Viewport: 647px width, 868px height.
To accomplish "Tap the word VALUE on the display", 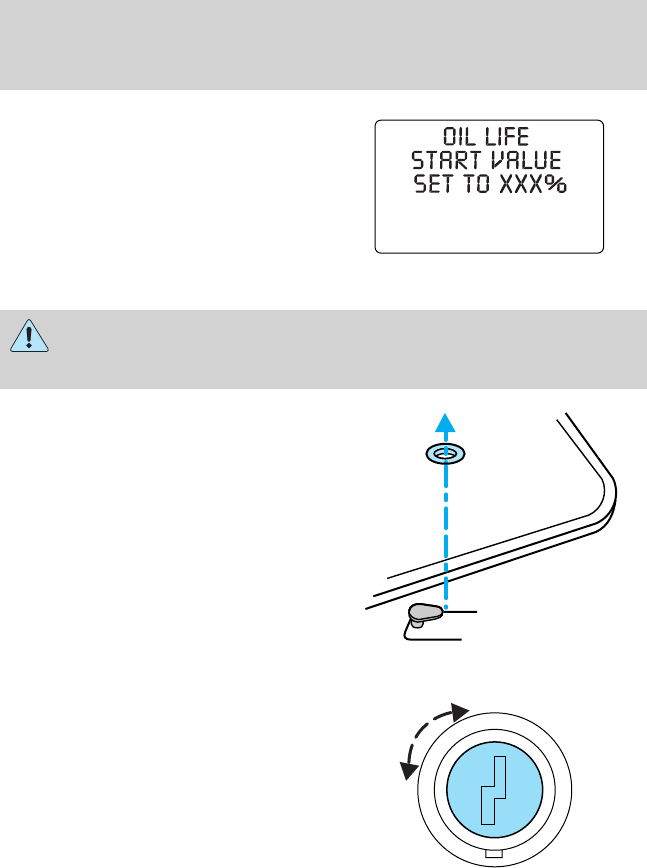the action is tap(525, 163).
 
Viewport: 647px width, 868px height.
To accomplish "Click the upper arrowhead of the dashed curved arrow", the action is tap(461, 711).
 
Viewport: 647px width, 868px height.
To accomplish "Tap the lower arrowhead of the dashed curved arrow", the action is tap(408, 769).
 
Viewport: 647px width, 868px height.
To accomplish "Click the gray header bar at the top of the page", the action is tap(323, 45).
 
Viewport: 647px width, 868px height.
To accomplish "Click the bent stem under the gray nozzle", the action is tap(410, 628).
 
